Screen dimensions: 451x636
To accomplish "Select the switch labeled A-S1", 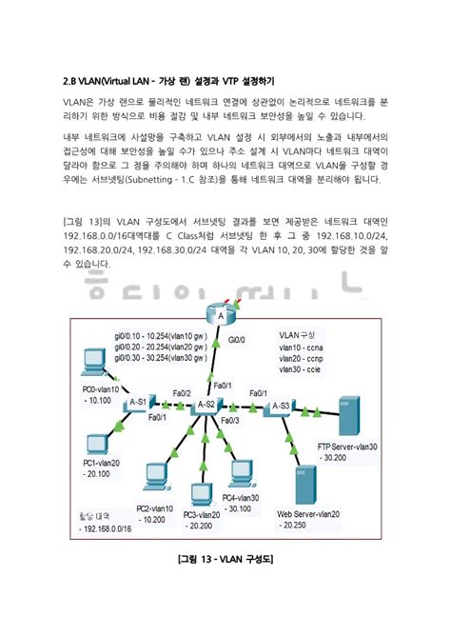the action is point(136,405).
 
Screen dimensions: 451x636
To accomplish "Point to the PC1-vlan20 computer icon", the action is point(98,446).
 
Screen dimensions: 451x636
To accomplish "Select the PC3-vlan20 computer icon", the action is point(201,495).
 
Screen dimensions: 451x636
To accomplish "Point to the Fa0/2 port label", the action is point(182,392).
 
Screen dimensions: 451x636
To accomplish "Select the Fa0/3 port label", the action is point(229,420).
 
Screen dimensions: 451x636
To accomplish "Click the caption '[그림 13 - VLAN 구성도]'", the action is point(225,558).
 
